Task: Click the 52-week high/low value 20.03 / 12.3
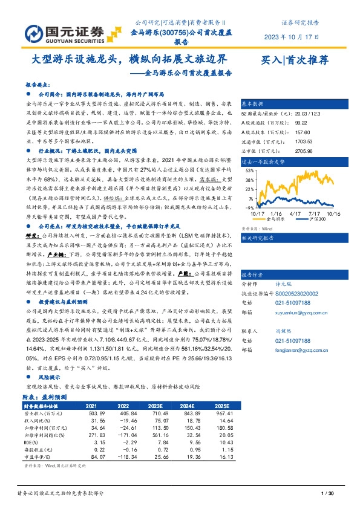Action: (292, 114)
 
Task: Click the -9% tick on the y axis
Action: (249, 207)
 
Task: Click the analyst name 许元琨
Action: (283, 266)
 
